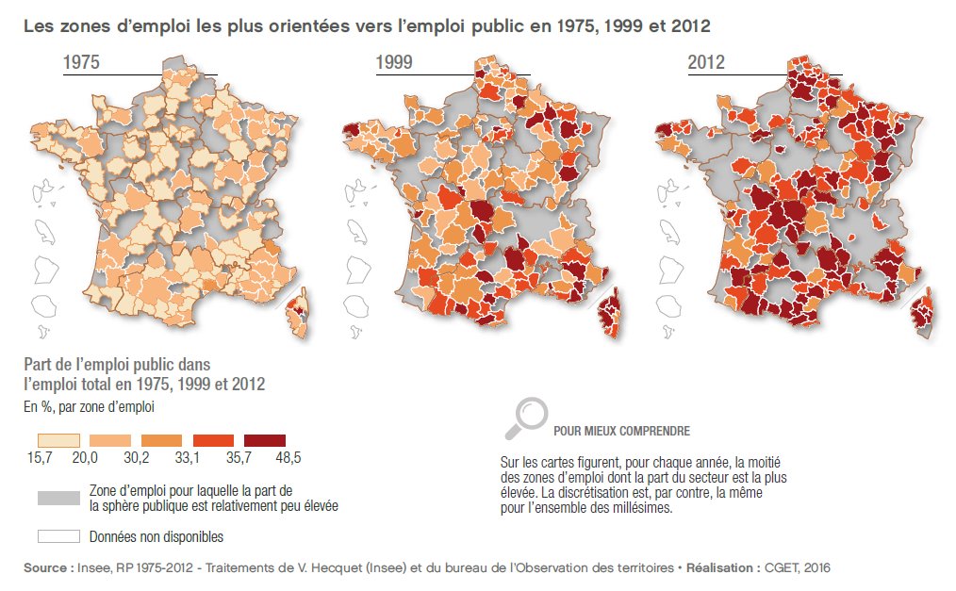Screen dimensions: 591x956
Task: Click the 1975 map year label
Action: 81,64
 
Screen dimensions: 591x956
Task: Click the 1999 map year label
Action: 395,64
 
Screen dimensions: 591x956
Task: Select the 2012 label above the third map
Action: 706,64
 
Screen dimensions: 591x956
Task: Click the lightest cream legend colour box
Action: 58,439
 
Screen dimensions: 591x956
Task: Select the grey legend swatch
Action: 58,498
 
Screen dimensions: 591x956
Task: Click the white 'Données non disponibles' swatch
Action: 58,536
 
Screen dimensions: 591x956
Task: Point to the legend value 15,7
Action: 38,458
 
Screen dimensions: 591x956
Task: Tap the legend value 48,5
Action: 286,458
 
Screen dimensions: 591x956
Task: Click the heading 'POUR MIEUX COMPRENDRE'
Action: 621,431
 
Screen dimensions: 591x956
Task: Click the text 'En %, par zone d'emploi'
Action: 89,408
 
